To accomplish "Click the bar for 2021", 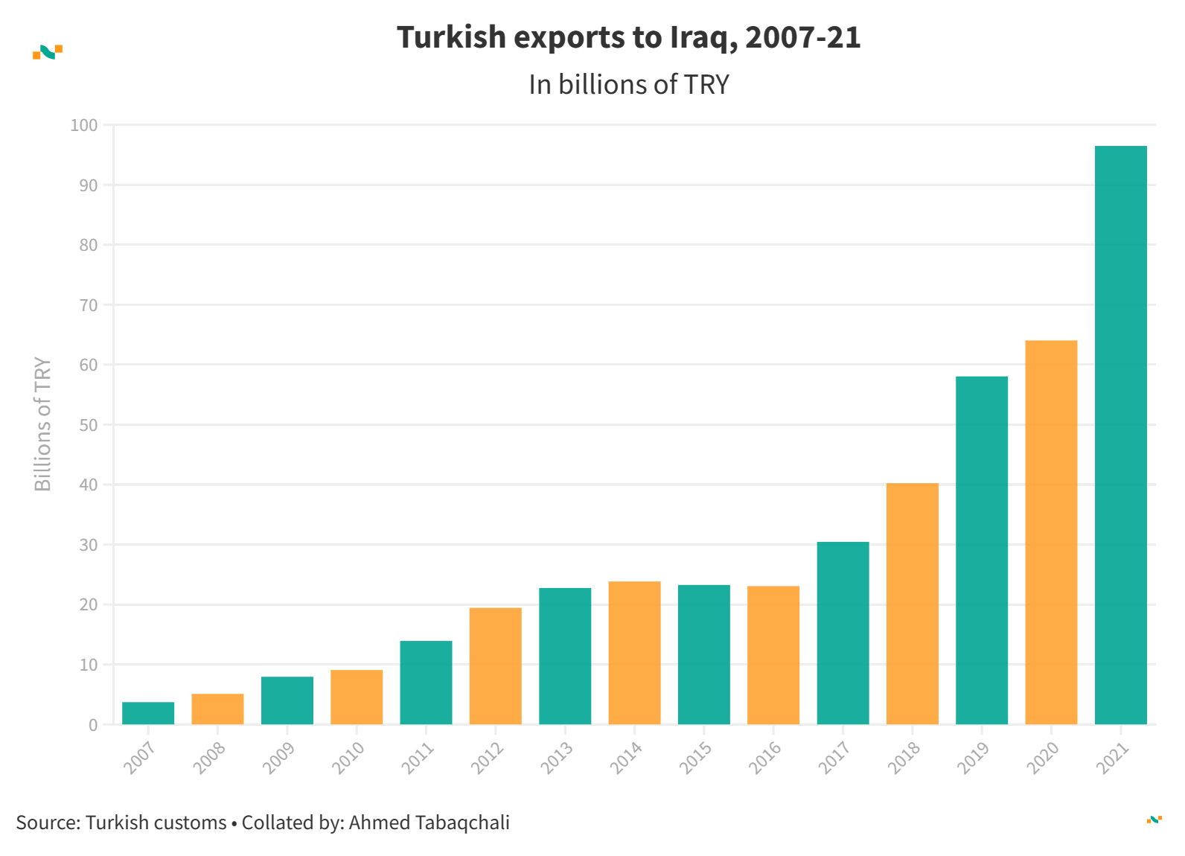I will coord(1120,435).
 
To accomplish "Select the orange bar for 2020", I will coord(1051,532).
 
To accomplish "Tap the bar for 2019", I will coord(981,550).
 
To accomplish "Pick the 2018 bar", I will coord(912,604).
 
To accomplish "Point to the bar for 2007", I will coord(148,713).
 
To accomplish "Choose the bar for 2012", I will coord(495,666).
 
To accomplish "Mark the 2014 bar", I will coord(634,653).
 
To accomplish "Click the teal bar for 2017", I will coord(843,633).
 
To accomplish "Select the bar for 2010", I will coord(357,697).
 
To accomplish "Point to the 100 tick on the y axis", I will coord(84,125).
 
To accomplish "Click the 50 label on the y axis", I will coord(88,425).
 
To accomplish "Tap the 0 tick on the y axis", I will coord(93,725).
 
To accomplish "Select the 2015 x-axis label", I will coord(696,758).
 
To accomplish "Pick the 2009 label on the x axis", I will coord(279,758).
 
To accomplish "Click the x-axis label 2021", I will coord(1113,758).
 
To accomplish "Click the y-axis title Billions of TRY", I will coord(43,424).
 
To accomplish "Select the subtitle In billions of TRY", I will coord(629,85).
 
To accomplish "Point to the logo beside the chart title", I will coord(48,52).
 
